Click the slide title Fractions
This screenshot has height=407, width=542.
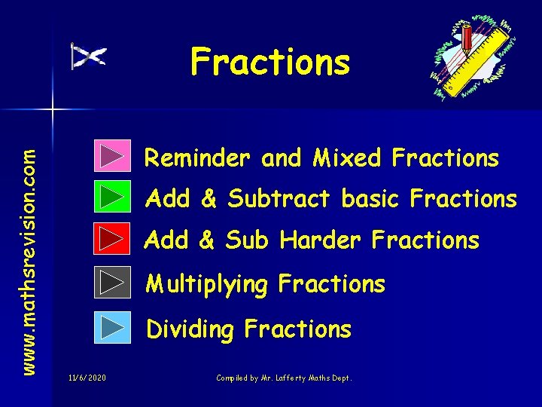270,62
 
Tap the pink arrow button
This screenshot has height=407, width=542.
113,156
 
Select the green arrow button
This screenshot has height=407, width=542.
113,197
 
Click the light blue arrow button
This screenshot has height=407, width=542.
113,328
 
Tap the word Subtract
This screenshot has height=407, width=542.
279,199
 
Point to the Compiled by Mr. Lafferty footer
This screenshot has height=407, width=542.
284,377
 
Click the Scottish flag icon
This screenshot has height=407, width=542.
89,57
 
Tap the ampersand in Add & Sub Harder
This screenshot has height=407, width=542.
209,240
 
